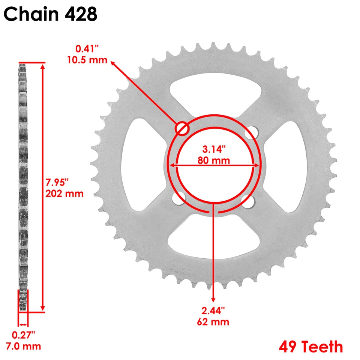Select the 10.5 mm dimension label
tap(87, 60)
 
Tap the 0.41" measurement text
tap(87, 49)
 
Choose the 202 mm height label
tap(64, 193)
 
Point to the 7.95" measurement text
tap(58, 183)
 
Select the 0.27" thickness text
tap(24, 334)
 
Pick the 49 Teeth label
tap(310, 346)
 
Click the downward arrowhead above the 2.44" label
tap(214, 299)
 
